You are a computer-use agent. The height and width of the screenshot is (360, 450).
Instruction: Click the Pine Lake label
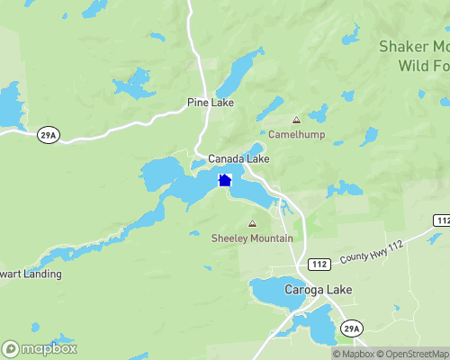pos(211,103)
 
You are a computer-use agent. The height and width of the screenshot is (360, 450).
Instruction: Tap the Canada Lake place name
pos(238,158)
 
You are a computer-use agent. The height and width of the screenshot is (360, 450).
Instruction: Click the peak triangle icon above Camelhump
pos(295,120)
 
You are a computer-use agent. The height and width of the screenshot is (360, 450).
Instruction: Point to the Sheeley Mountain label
pos(252,238)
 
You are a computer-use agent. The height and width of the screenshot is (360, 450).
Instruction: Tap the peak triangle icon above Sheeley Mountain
pos(252,223)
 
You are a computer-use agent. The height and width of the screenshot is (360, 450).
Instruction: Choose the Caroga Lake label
pos(319,290)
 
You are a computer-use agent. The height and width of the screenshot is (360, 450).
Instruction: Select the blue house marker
pos(225,180)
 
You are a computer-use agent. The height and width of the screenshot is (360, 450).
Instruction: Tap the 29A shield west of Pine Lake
pos(49,134)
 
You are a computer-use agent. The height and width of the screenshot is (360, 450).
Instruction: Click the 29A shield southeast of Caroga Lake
pos(350,330)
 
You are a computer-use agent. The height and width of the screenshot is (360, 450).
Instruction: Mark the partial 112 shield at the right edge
pos(442,220)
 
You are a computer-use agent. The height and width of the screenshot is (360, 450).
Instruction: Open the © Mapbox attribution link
pos(353,354)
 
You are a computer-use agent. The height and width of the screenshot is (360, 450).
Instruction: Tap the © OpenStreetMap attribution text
pos(413,354)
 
